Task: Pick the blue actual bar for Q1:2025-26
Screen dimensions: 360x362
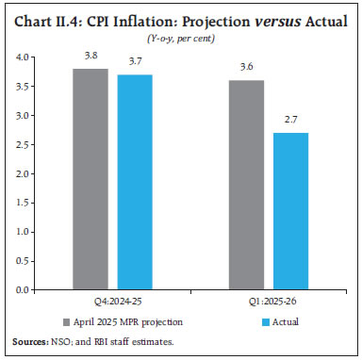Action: coord(290,211)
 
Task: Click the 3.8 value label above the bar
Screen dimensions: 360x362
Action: coord(90,56)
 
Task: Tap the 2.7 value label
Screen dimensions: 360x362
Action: coord(290,121)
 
